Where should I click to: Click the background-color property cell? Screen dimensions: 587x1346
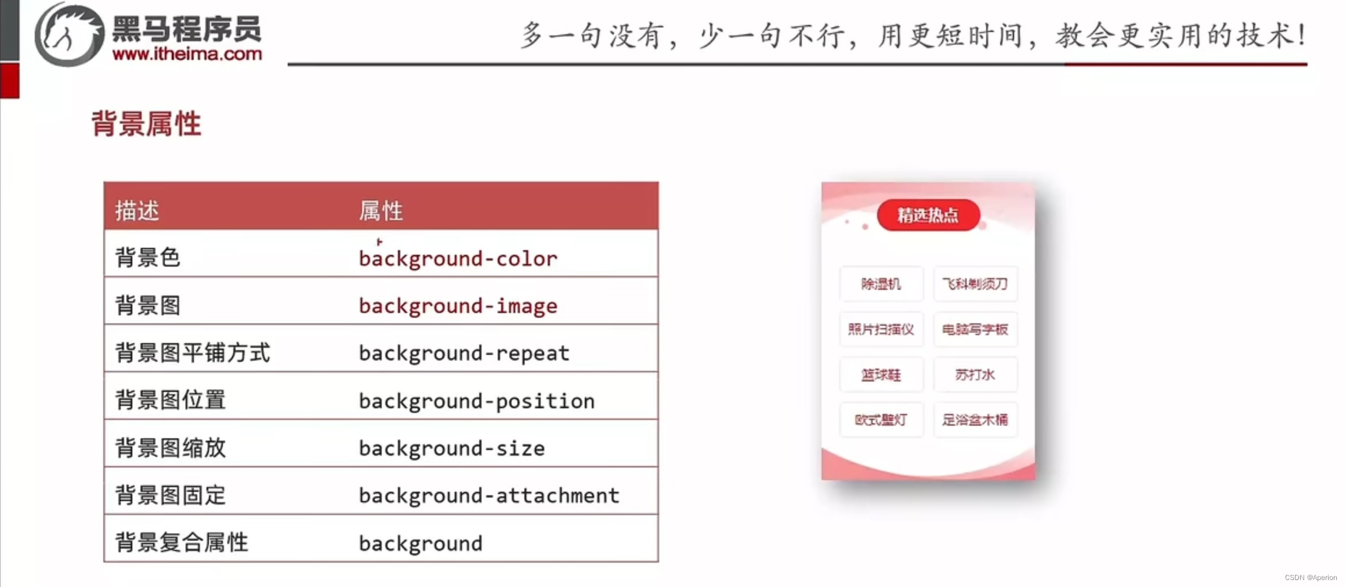[458, 258]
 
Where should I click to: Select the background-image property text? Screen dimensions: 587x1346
[458, 306]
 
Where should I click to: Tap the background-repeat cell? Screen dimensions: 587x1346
[464, 353]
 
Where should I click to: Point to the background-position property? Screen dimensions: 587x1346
[476, 401]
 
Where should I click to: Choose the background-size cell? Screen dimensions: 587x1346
[451, 448]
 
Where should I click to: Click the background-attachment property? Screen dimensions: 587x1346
[489, 495]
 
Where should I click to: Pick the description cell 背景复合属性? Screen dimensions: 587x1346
[182, 542]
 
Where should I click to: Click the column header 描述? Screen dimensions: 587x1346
[137, 210]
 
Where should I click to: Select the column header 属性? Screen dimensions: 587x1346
[381, 210]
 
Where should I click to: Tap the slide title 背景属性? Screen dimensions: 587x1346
[146, 124]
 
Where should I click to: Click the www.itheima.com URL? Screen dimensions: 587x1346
[187, 54]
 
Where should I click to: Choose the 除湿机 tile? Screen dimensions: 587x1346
[881, 284]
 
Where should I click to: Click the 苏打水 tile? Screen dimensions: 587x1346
[975, 374]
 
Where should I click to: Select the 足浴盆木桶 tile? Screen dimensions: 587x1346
[975, 419]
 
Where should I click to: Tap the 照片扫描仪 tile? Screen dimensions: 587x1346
[881, 329]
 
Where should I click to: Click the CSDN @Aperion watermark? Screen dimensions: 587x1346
[1311, 578]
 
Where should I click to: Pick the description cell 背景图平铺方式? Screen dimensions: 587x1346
[193, 353]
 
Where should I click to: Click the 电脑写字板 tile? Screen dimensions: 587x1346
[975, 329]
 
